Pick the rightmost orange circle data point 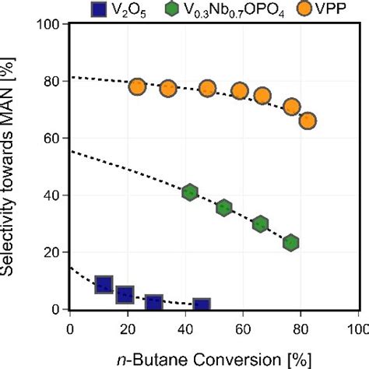[x=307, y=121]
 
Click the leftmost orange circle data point [x=137, y=87]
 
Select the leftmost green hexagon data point [x=189, y=192]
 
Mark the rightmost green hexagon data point [x=291, y=243]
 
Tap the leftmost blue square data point [x=104, y=285]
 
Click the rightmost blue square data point [x=202, y=306]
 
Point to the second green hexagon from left [x=224, y=208]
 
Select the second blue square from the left [x=125, y=295]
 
